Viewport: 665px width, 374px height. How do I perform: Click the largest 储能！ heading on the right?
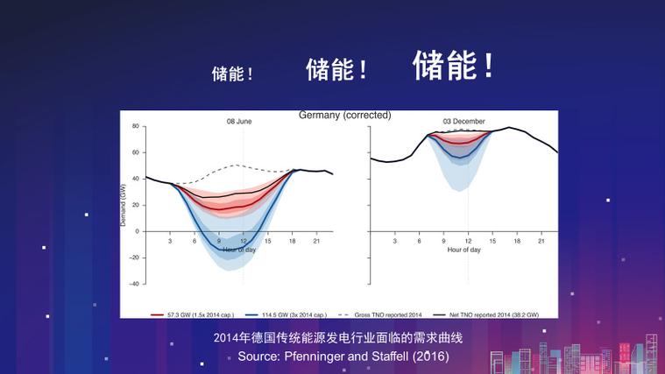(454, 66)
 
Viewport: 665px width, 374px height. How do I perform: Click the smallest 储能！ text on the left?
(232, 74)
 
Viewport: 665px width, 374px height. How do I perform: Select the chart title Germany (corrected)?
(344, 116)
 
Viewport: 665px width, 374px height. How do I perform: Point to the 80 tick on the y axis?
(136, 125)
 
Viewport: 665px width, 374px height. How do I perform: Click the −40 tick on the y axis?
(134, 284)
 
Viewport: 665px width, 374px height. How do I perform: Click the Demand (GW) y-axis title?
(124, 205)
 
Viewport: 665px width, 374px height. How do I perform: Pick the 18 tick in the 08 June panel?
(292, 241)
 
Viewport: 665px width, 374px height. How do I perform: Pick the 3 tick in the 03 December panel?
(395, 241)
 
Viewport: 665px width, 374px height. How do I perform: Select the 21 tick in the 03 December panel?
(541, 241)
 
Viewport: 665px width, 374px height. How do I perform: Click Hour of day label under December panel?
(463, 250)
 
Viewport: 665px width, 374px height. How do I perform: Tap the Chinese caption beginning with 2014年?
(337, 337)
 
